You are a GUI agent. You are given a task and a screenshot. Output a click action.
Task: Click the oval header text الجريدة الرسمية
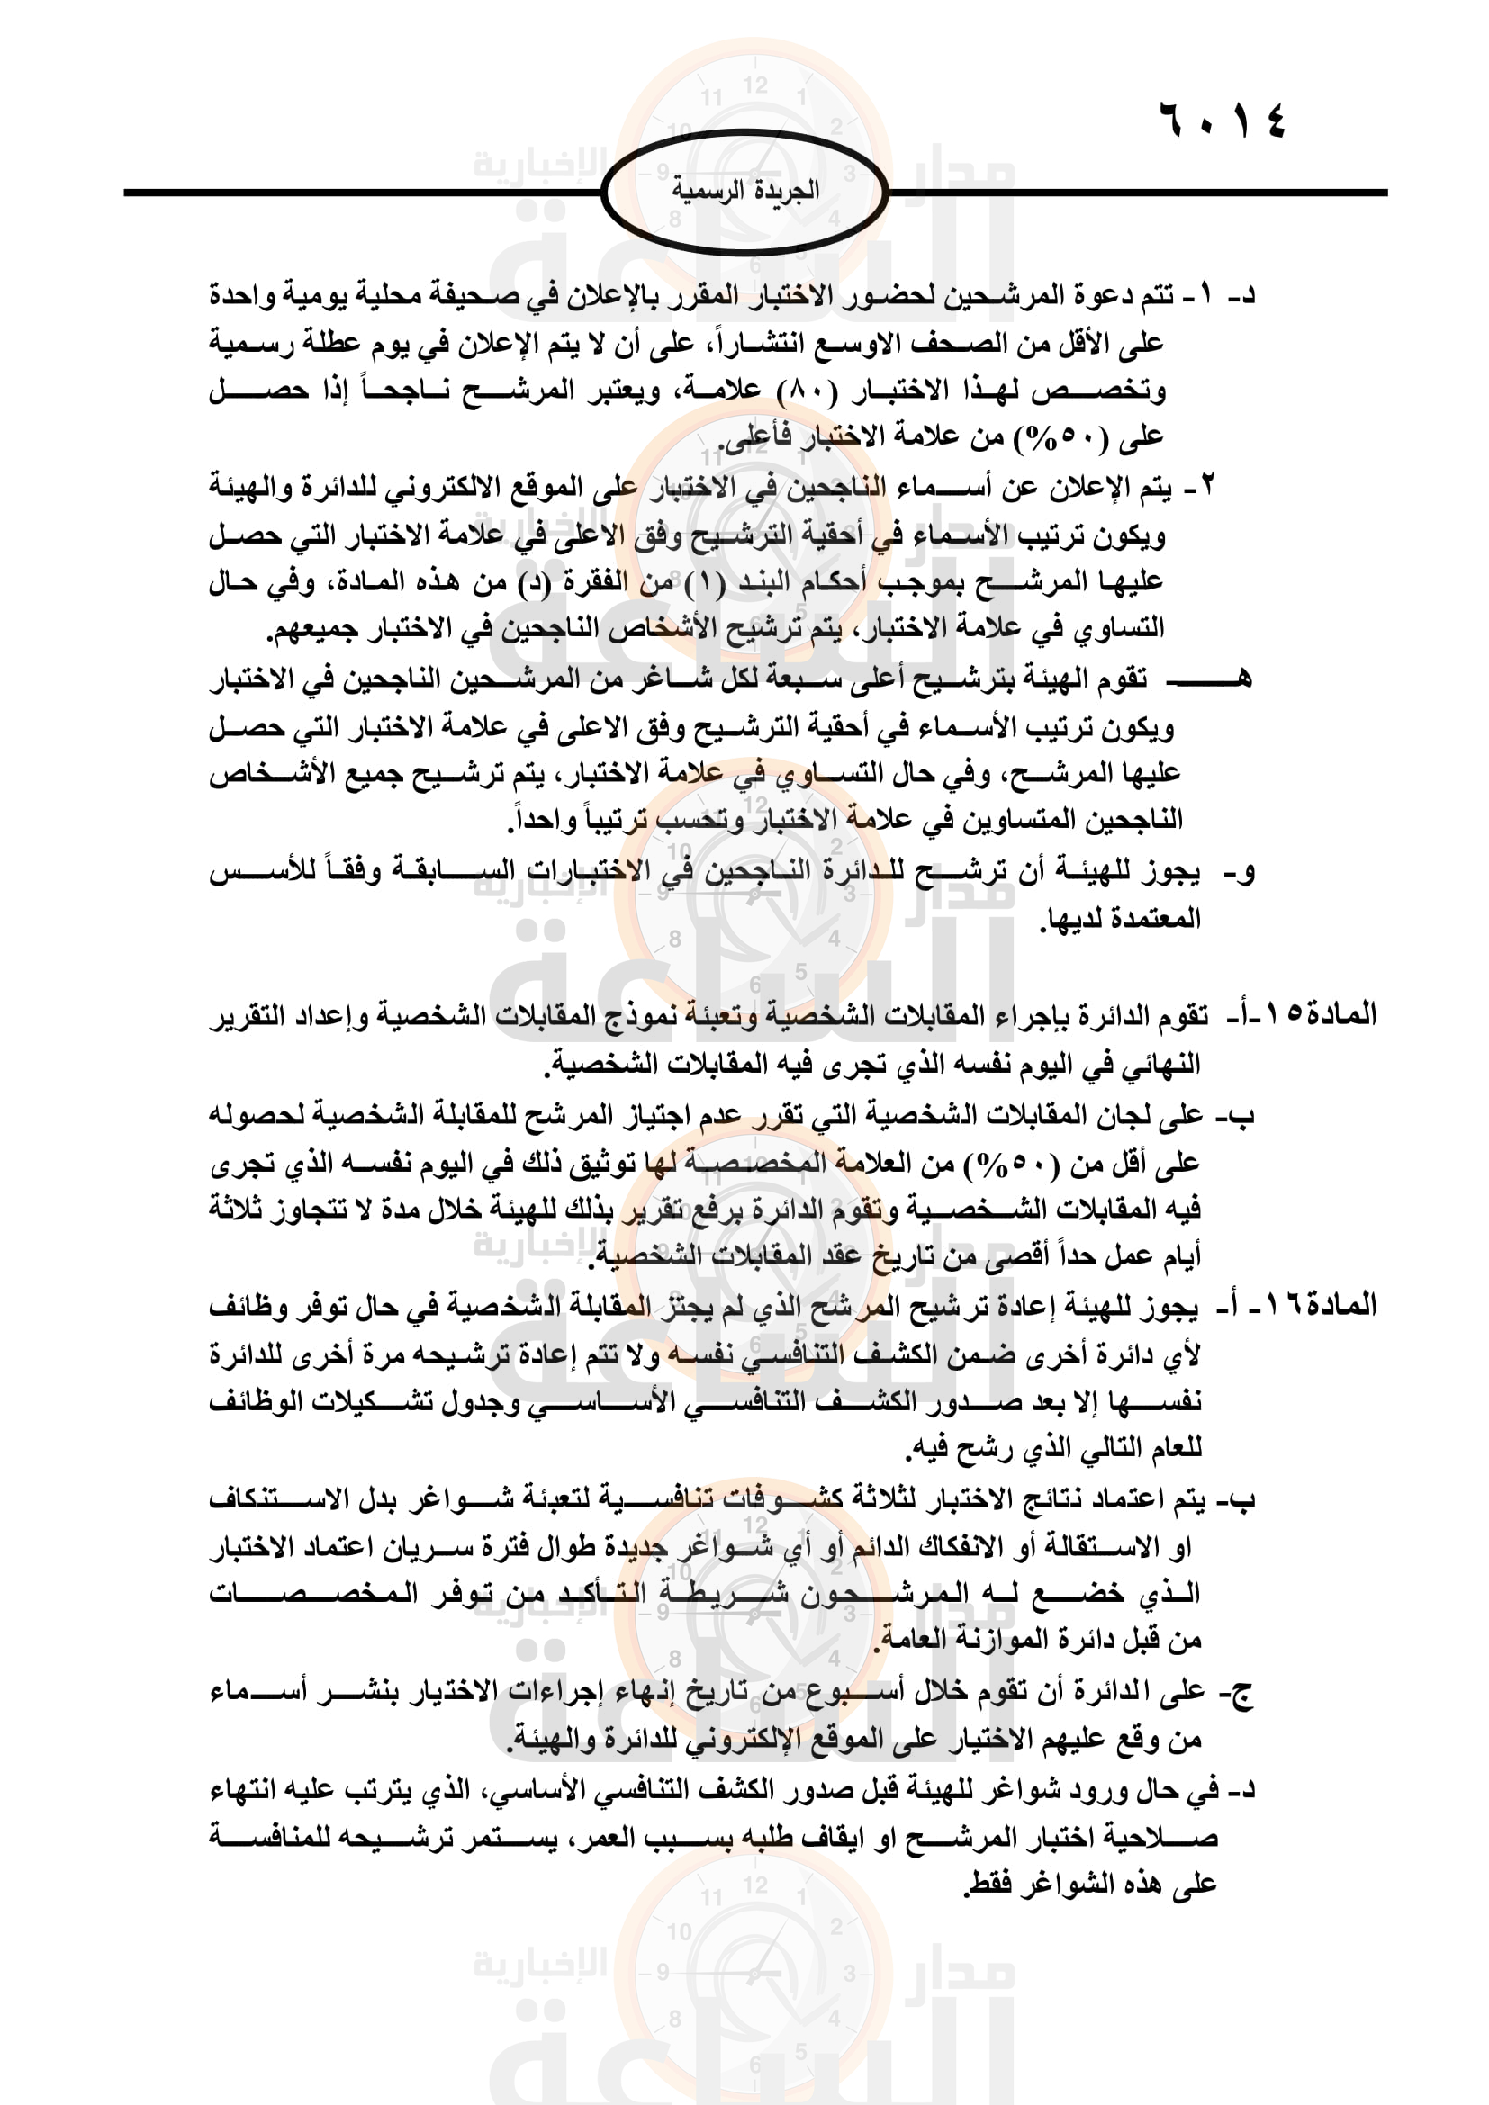(744, 191)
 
